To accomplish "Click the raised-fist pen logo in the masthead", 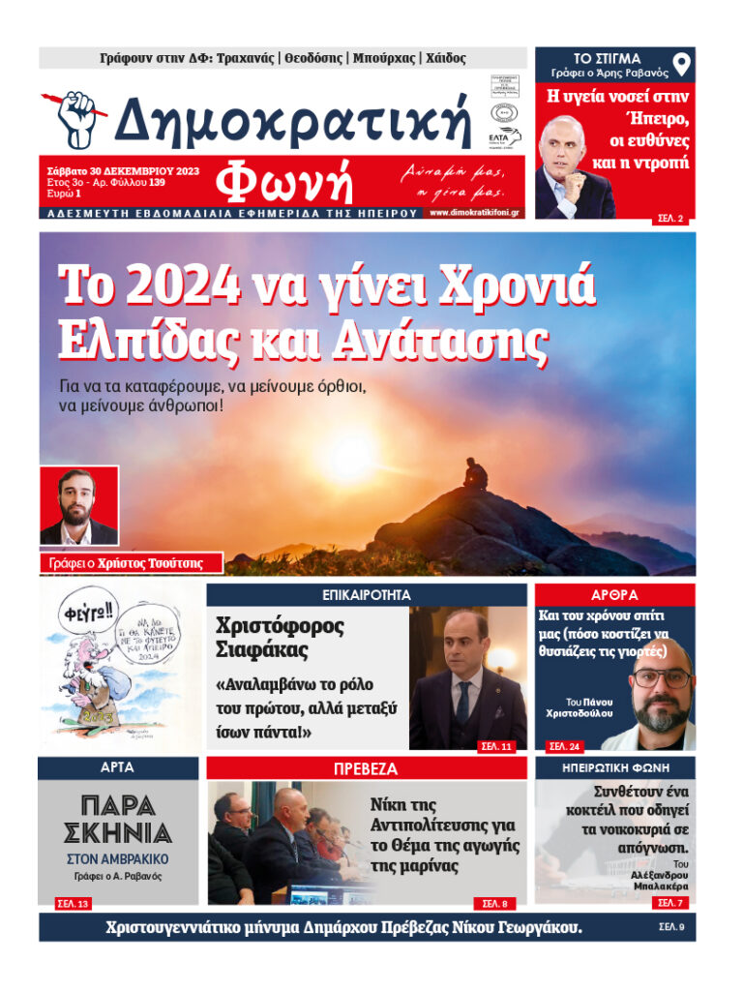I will click(76, 118).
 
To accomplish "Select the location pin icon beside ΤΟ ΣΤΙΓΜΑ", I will click(682, 66).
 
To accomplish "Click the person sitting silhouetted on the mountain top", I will click(474, 473).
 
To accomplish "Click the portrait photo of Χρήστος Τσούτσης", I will click(79, 506).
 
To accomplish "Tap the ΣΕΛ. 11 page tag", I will click(496, 747).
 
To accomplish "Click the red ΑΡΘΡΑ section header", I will click(614, 594).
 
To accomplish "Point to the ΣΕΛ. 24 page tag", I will click(564, 747).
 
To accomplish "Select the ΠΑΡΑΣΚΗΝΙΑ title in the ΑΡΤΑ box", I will click(118, 819).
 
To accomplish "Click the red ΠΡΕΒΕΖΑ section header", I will click(367, 768).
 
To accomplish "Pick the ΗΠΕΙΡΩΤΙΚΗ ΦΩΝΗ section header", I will click(614, 768).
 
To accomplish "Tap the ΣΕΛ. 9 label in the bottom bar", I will click(671, 927).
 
